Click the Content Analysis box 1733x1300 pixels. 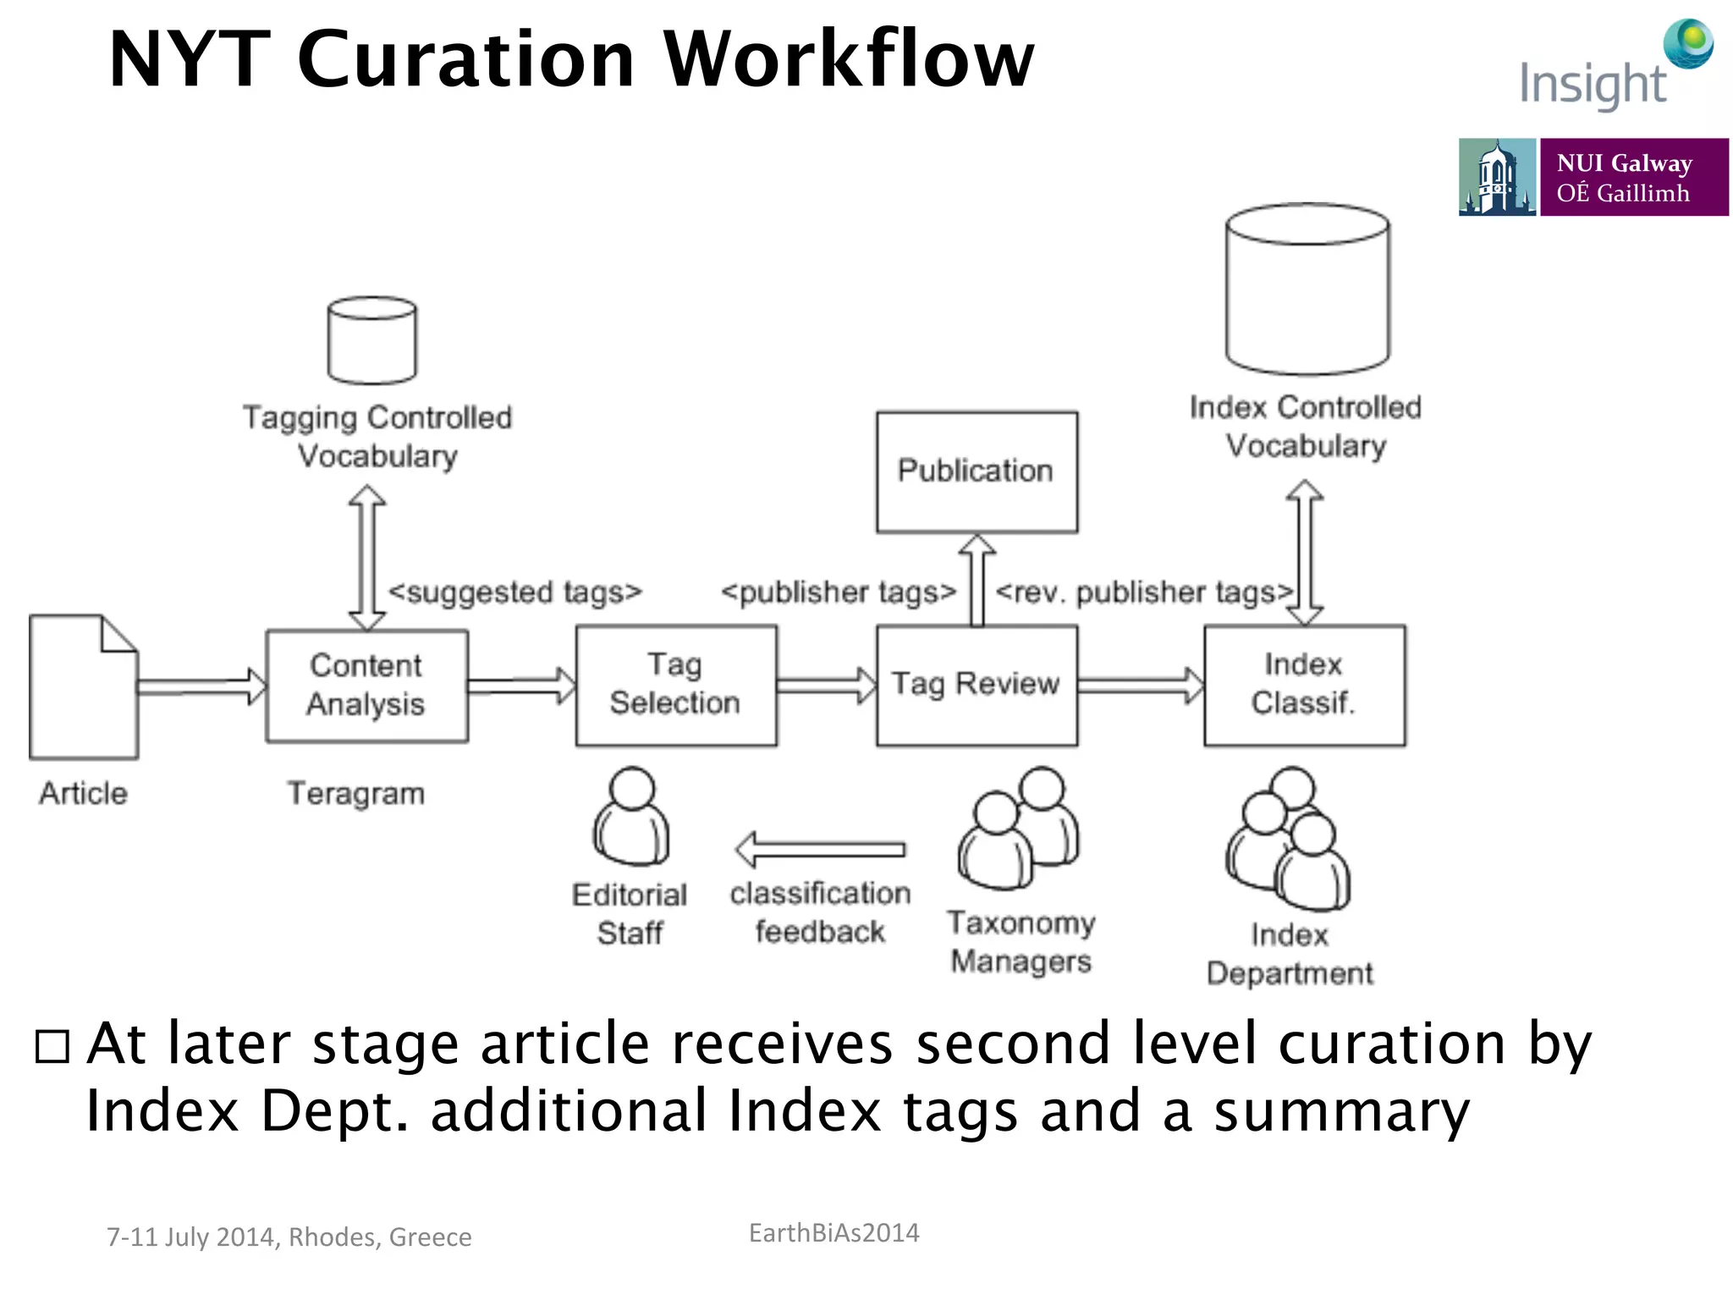click(x=366, y=686)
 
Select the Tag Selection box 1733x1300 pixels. click(x=675, y=686)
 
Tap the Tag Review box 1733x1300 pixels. click(x=977, y=686)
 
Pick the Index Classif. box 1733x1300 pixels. click(x=1304, y=686)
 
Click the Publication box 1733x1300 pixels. click(x=977, y=471)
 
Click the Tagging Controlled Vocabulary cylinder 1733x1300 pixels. click(x=372, y=340)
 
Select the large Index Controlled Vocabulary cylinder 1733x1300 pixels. click(x=1307, y=289)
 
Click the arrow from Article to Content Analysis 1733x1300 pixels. click(x=201, y=686)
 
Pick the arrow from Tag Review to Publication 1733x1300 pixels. click(x=977, y=580)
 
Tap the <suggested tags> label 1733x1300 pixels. click(x=514, y=592)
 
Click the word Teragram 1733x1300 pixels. click(x=355, y=794)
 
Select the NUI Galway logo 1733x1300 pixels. click(x=1593, y=177)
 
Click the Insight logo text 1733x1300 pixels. click(x=1593, y=85)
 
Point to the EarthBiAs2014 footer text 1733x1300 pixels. click(x=833, y=1233)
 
